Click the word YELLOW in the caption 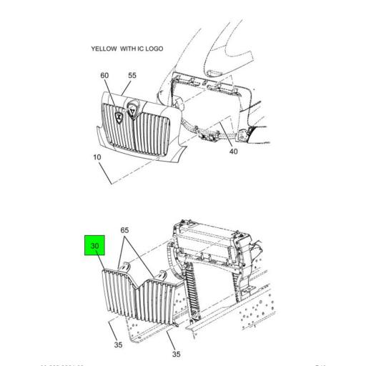coord(104,49)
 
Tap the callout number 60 coord(105,76)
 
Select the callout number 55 coord(132,76)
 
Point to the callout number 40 coord(233,151)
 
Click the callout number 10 coord(97,157)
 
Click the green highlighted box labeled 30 coord(95,247)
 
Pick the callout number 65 coord(124,232)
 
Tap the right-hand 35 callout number coord(175,354)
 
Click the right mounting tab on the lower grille coord(162,276)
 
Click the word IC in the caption coord(142,49)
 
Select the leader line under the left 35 coord(114,330)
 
